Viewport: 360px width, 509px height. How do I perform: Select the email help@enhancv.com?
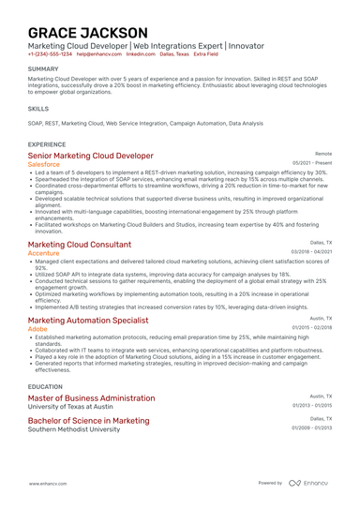[99, 54]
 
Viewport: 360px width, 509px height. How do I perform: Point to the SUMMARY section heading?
[43, 69]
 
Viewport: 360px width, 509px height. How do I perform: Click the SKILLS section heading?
[38, 109]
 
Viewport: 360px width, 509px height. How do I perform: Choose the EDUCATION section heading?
[45, 385]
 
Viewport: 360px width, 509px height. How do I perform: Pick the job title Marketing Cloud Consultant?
[80, 244]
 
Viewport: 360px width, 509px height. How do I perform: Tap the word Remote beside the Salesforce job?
[323, 153]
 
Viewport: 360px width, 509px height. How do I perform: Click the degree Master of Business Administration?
[91, 397]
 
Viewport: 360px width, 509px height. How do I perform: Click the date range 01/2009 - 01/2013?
[312, 427]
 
